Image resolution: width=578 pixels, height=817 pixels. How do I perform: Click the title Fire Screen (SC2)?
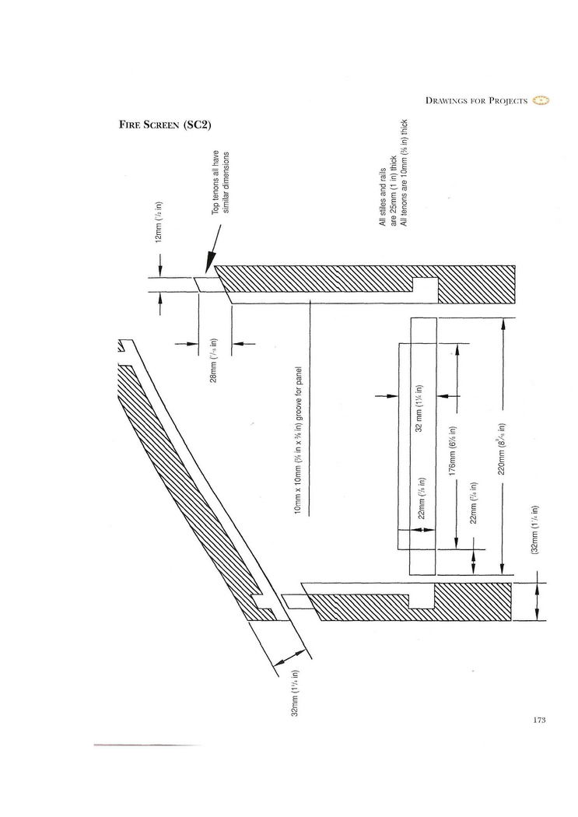coord(165,124)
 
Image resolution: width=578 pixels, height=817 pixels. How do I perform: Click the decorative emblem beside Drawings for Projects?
coord(541,100)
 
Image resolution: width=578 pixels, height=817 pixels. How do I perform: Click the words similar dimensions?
coord(227,188)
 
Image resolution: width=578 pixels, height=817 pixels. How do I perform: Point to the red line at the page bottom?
coord(148,745)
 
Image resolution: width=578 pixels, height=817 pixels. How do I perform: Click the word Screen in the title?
coord(160,124)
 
